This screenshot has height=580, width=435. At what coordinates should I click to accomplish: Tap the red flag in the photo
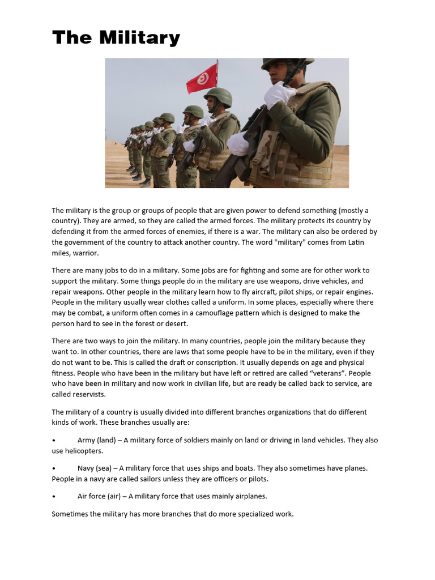click(x=202, y=79)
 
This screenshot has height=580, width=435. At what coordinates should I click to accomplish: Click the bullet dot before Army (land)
click(x=53, y=440)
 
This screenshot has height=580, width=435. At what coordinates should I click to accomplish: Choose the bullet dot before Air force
click(x=53, y=496)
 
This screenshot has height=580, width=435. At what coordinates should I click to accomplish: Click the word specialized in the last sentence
click(x=251, y=514)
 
